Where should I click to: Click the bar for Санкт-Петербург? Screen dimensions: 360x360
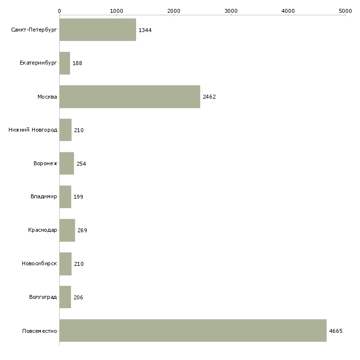coord(98,30)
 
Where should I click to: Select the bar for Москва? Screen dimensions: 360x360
coord(130,97)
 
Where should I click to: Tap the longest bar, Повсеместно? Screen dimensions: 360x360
coord(193,330)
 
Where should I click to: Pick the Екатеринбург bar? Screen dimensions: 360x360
coord(65,63)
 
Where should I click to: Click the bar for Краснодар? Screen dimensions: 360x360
coord(67,230)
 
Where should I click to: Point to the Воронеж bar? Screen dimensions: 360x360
coord(67,163)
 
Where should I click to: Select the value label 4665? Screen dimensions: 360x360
coord(336,331)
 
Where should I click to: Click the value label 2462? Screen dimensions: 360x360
coord(209,97)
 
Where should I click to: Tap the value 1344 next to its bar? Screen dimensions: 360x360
coord(145,30)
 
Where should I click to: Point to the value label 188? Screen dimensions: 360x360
coord(77,63)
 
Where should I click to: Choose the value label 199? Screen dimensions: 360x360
coord(78,197)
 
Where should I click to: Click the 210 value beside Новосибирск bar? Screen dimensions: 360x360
coord(79,264)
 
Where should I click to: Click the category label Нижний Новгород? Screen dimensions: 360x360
coord(33,130)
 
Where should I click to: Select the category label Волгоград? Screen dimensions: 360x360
coord(43,297)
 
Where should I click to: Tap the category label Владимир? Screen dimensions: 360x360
coord(43,197)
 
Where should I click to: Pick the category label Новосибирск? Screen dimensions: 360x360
coord(39,263)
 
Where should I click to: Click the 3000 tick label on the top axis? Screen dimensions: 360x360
coord(231,11)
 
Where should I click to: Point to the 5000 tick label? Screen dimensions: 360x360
coord(345,11)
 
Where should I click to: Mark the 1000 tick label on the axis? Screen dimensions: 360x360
coord(117,11)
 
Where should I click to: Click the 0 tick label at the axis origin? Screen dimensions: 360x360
coord(60,11)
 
